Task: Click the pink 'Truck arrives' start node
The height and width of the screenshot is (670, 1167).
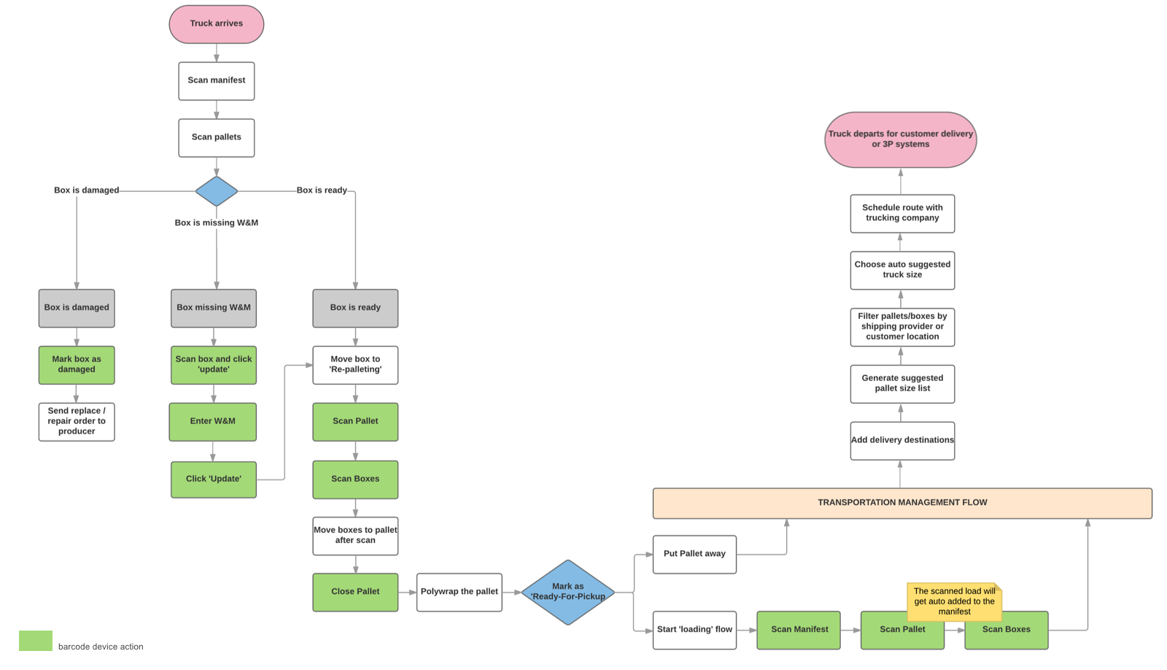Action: pos(216,24)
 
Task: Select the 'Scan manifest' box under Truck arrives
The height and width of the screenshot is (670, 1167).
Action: pos(216,80)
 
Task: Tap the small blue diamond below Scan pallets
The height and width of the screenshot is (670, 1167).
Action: pos(216,191)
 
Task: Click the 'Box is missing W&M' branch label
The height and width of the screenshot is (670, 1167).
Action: pos(216,223)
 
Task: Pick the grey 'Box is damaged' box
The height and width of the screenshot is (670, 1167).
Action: pos(77,308)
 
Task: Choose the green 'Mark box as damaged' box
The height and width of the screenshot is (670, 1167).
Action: pos(77,365)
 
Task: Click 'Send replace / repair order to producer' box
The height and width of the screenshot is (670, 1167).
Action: pos(77,422)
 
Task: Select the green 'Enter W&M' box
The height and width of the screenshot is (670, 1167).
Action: pos(212,422)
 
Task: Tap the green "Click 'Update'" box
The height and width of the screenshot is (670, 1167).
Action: pos(213,480)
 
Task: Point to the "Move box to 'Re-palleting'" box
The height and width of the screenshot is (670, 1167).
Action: pos(355,365)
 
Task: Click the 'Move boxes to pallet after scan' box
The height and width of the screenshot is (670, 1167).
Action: pos(355,536)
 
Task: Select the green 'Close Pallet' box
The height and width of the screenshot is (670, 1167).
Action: pos(355,592)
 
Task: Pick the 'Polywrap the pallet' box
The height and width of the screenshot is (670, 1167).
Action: pos(459,592)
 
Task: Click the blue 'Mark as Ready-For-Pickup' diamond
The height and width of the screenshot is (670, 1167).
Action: pos(567,592)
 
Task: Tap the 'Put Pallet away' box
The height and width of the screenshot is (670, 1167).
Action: pos(694,554)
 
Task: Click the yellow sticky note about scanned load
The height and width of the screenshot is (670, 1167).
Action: pos(954,601)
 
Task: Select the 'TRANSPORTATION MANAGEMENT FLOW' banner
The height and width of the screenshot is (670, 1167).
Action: pos(902,503)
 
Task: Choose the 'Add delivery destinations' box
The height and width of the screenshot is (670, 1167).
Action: pos(902,441)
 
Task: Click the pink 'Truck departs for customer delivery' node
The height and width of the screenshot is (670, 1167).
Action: pos(900,139)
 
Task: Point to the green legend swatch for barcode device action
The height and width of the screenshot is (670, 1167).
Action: pos(35,641)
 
